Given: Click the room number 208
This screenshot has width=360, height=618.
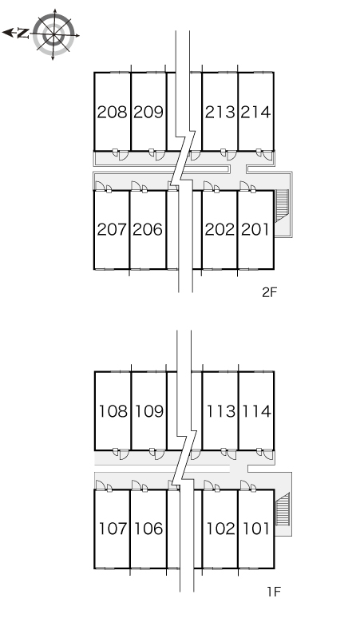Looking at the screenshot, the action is [x=113, y=113].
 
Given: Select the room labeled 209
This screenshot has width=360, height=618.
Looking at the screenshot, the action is [x=148, y=113].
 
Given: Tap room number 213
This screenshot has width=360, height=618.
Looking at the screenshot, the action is [x=220, y=113].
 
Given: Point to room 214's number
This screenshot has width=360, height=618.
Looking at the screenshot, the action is [x=256, y=113].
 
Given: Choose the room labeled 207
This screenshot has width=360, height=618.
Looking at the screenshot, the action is [x=113, y=229].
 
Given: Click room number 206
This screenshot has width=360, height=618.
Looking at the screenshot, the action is [x=148, y=229].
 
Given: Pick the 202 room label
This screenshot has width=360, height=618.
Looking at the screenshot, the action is [x=220, y=229].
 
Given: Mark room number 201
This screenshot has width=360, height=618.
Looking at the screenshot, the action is [x=255, y=229].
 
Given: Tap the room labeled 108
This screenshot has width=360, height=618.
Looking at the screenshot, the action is [x=113, y=411].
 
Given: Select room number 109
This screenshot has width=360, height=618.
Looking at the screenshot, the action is [x=150, y=411].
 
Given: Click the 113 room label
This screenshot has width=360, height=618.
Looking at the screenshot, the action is [x=221, y=411].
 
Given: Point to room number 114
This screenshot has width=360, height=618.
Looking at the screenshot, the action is [x=257, y=411].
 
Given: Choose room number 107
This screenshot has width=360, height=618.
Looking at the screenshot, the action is [x=113, y=529].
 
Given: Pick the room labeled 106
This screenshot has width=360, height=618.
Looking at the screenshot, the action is [x=149, y=529].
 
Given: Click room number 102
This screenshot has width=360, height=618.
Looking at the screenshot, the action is [x=221, y=529].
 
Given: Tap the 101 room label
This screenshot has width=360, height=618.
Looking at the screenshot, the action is [x=256, y=529].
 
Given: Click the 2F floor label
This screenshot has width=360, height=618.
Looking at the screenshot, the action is [x=270, y=292].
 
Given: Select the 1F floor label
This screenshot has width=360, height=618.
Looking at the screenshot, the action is [x=273, y=592].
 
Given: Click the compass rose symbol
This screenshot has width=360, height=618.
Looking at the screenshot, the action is [x=53, y=34].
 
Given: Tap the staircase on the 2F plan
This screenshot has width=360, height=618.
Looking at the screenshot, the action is [x=282, y=206].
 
